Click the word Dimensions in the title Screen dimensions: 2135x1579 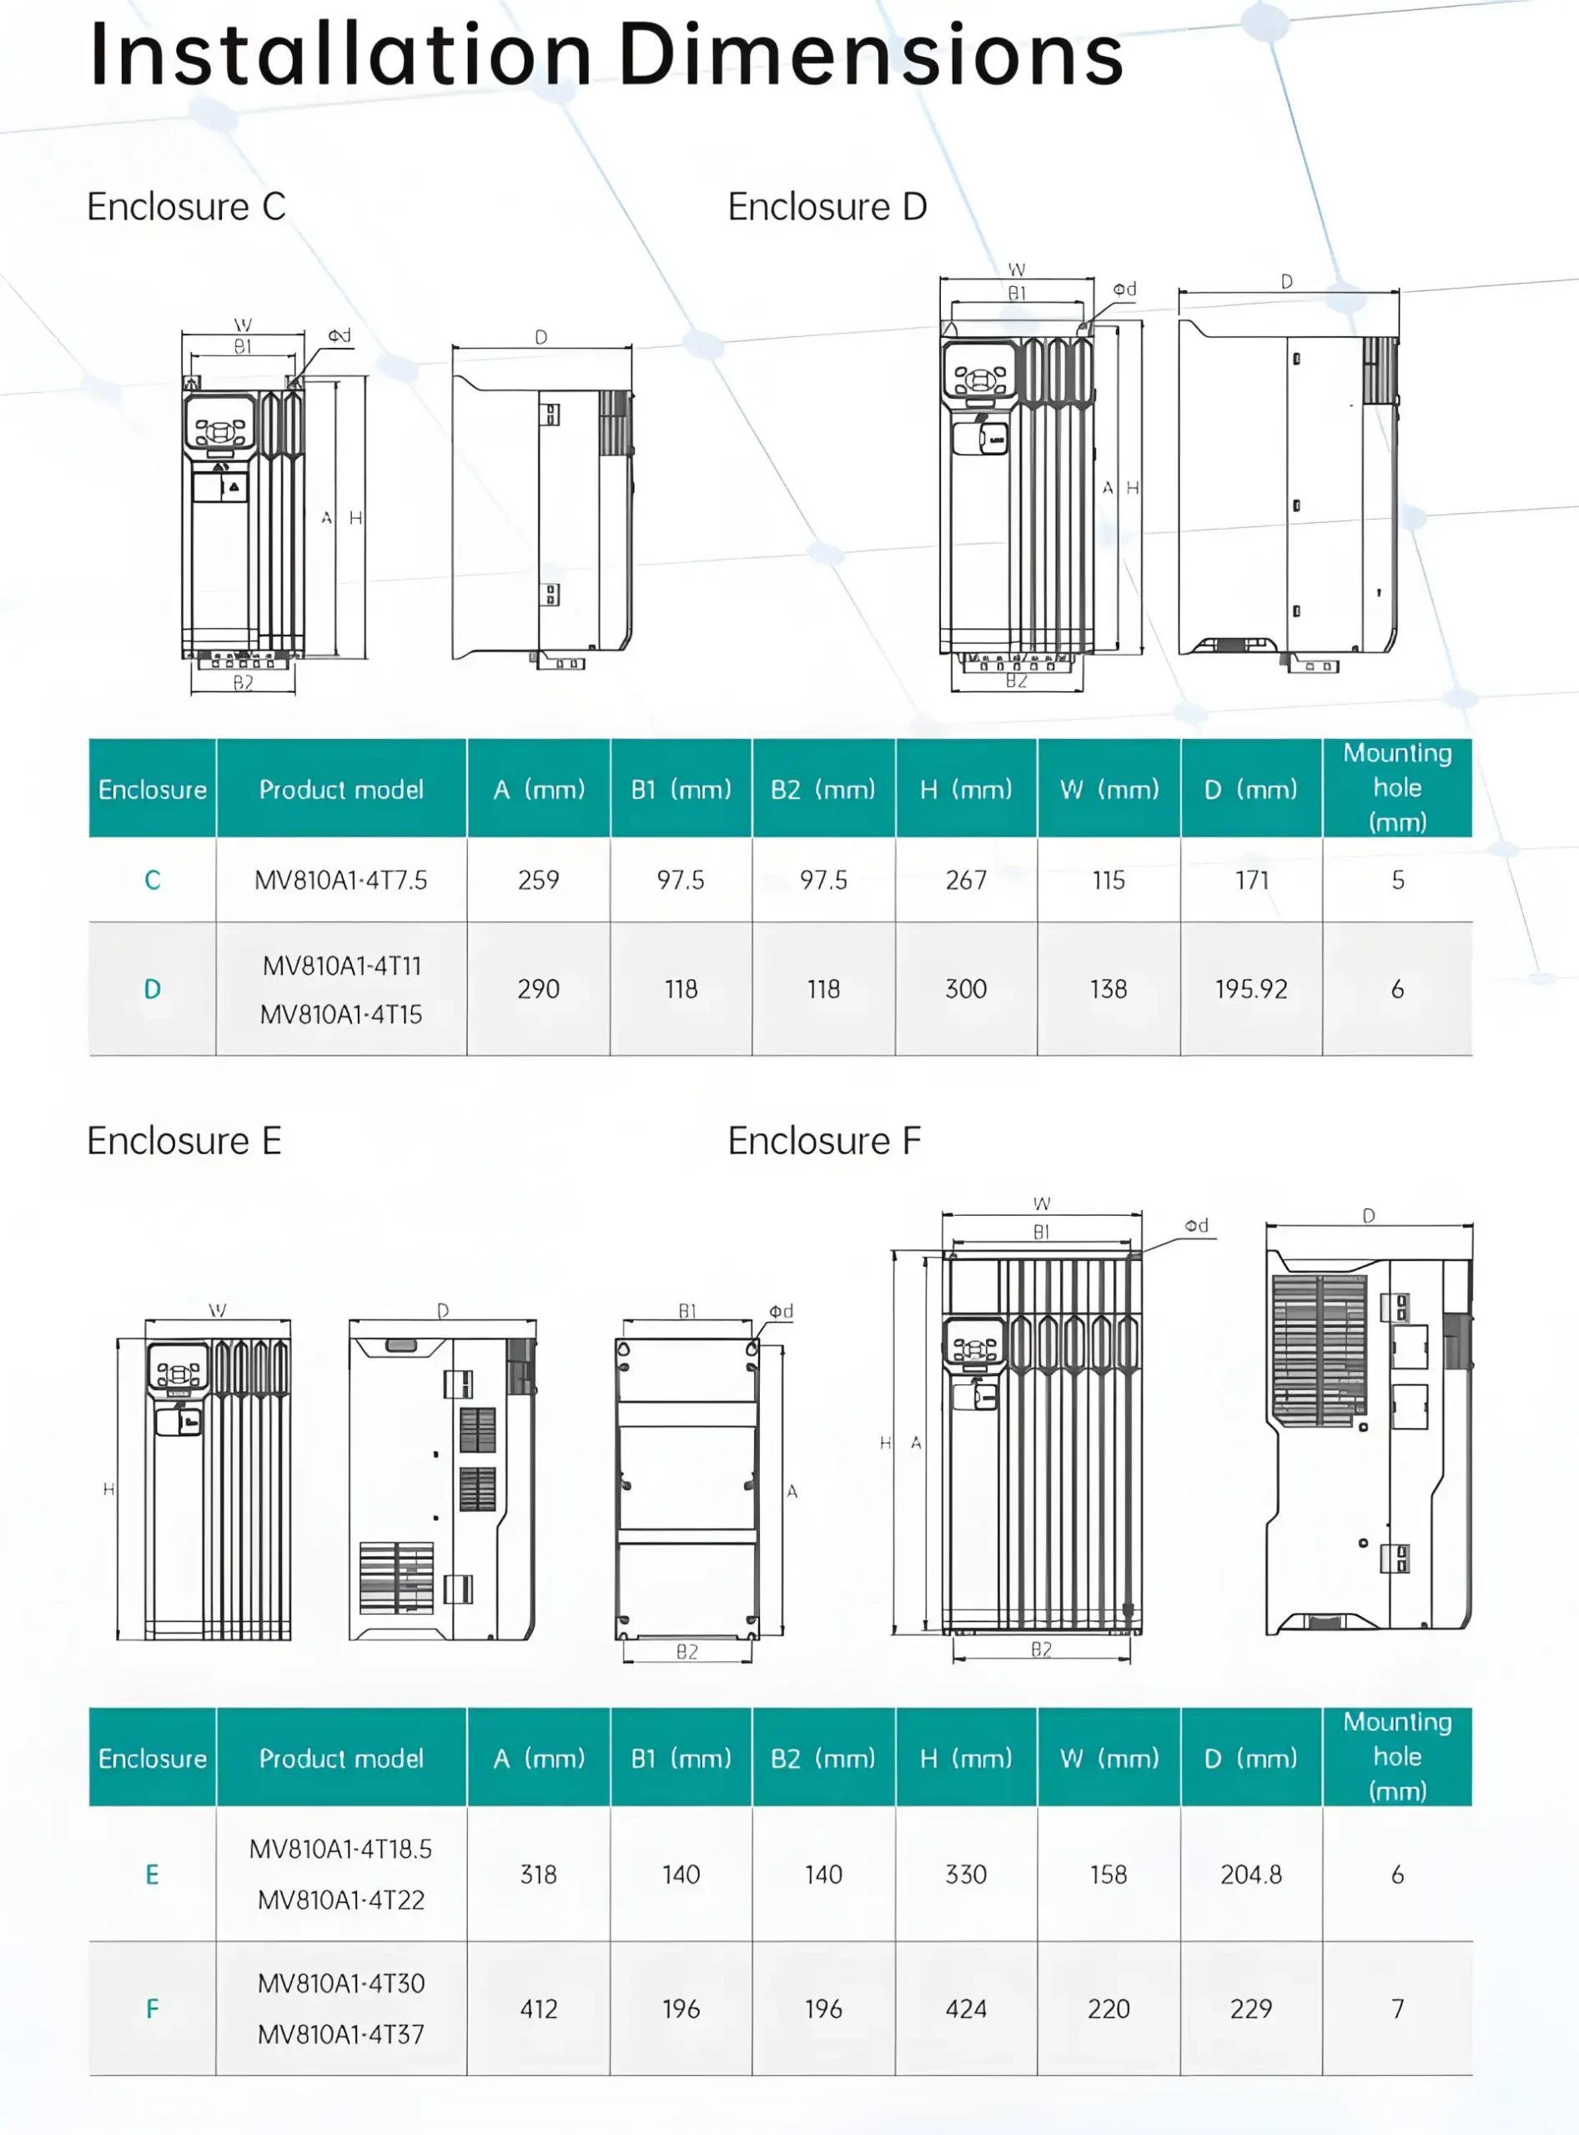870,55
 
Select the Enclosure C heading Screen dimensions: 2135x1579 186,207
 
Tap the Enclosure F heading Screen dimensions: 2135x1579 824,1140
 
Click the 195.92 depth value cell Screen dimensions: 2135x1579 1251,989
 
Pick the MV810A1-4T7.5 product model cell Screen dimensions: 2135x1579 341,880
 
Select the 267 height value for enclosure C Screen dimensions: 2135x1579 965,880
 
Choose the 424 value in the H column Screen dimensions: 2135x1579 965,2009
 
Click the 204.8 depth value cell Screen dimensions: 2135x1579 1251,1875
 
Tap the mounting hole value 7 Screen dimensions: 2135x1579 1397,2009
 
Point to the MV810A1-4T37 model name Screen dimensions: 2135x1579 341,2035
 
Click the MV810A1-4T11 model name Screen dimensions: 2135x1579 341,965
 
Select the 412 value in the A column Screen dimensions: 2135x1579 538,2009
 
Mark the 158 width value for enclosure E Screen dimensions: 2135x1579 1109,1875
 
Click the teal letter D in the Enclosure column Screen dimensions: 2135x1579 152,989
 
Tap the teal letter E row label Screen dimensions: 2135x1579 152,1875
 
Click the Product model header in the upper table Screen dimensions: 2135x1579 341,790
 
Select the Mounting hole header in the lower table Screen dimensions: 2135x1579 1397,1756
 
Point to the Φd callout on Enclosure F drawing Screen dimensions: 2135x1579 1197,1225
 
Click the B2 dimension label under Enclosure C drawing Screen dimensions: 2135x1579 243,682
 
